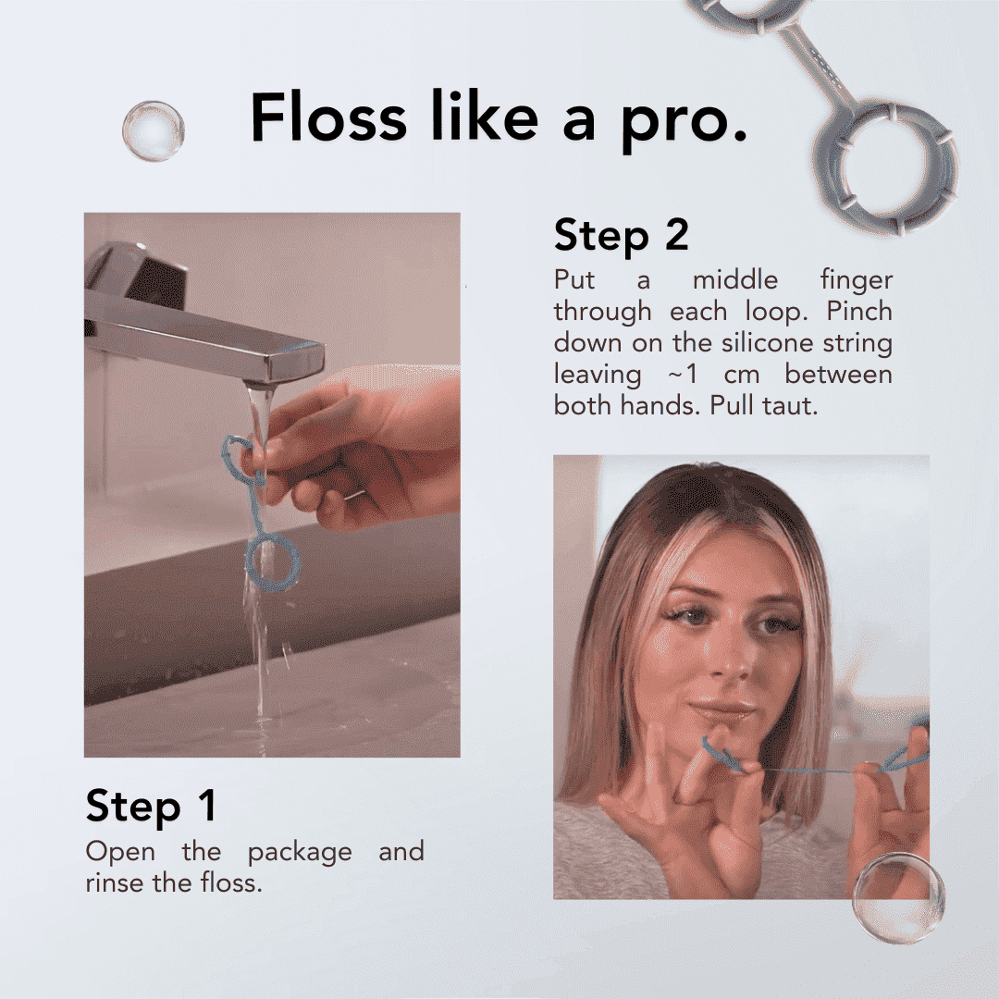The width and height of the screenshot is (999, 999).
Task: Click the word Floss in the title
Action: coord(328,116)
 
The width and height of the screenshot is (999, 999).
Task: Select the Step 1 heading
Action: coord(151,806)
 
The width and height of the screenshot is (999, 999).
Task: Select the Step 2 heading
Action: coord(622,236)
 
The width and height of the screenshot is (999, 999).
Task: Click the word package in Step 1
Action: coord(300,853)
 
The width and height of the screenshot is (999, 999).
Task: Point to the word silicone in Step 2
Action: coord(769,342)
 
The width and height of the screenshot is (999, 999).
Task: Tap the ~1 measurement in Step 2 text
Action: coord(683,374)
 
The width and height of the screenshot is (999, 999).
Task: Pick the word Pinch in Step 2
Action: coord(858,311)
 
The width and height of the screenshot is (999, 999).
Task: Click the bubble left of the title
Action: coord(153,130)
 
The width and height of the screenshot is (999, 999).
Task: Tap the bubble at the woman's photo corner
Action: coord(898,898)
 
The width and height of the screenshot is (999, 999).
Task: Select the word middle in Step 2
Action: coord(735,279)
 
